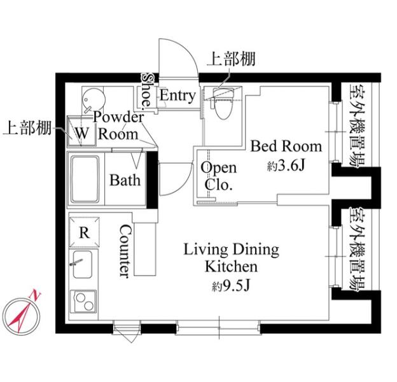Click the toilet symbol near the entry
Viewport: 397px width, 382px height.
click(222, 103)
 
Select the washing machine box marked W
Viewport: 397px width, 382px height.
click(81, 131)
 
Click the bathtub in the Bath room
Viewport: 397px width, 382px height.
click(85, 179)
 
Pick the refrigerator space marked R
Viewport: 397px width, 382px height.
click(85, 232)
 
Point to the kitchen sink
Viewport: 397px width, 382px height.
click(82, 264)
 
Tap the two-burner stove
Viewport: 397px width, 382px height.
click(83, 301)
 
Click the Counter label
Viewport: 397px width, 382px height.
click(125, 251)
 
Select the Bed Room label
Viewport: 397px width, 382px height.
click(286, 146)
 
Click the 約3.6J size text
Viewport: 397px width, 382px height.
click(286, 166)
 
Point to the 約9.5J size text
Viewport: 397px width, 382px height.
click(231, 286)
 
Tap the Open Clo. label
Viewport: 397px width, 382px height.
click(218, 176)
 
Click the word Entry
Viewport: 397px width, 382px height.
click(178, 95)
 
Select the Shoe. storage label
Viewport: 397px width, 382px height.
click(147, 92)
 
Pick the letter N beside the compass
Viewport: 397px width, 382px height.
click(36, 295)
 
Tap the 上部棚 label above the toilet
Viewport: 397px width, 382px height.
click(231, 59)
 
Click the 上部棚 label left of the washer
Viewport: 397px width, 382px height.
click(27, 127)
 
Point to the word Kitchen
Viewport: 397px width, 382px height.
click(231, 267)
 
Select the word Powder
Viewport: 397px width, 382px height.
click(118, 117)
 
